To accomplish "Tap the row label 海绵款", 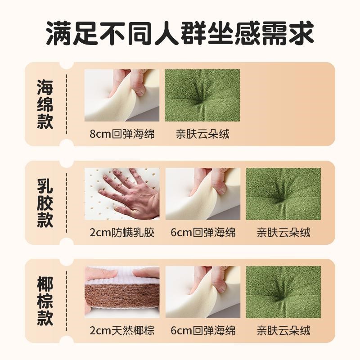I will point(45,104).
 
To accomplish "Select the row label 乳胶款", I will point(45,202).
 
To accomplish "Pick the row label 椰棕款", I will point(45,300).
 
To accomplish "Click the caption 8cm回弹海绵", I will point(122,134).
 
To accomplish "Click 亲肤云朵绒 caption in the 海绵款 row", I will point(202,134).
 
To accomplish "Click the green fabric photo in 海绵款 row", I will point(202,95).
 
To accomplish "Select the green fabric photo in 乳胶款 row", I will point(283,194).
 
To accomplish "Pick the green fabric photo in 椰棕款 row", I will point(283,292).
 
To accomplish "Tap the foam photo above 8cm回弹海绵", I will point(122,95).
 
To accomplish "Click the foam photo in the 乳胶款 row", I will point(203,194).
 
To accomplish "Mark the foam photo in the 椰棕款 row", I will point(203,292).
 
